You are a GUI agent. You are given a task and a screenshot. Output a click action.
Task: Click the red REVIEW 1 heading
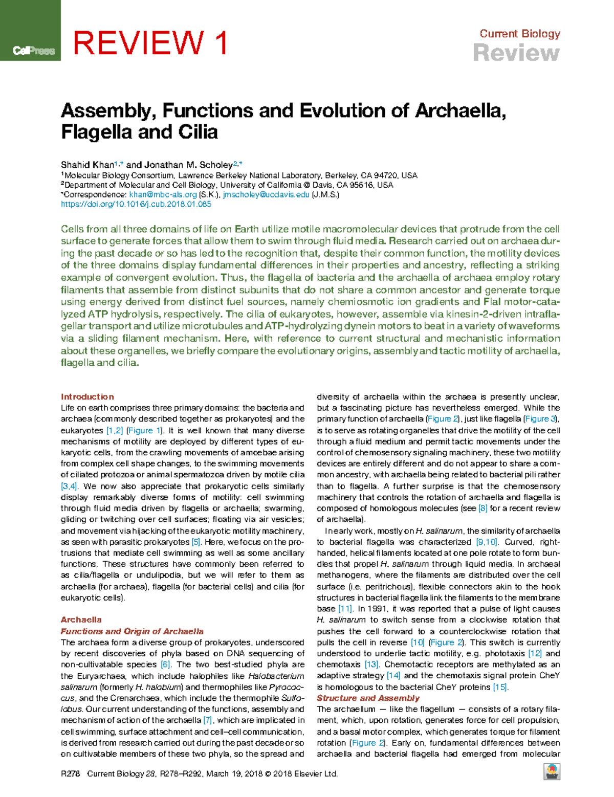150,43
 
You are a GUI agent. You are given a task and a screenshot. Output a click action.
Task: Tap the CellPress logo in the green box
34,51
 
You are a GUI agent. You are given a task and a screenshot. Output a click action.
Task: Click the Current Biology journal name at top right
519,34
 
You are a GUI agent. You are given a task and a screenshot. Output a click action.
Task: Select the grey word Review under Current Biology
516,53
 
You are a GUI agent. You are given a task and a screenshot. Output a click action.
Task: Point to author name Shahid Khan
87,165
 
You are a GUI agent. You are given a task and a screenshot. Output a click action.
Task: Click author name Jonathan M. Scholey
188,165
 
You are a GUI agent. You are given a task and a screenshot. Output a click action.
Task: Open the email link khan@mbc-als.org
163,194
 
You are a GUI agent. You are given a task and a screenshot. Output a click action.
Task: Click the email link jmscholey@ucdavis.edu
266,194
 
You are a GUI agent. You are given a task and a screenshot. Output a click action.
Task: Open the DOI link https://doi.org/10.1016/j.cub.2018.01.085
136,204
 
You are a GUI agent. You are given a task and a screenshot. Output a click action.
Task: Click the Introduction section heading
87,396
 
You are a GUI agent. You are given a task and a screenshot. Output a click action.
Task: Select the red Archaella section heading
81,619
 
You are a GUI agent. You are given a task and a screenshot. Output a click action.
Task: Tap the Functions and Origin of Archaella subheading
132,631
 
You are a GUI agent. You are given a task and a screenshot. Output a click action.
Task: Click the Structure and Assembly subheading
368,698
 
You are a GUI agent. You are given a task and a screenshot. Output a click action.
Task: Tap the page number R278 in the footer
71,773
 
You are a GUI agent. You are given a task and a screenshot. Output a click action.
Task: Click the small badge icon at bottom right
552,771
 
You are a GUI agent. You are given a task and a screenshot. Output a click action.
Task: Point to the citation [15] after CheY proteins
500,687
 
